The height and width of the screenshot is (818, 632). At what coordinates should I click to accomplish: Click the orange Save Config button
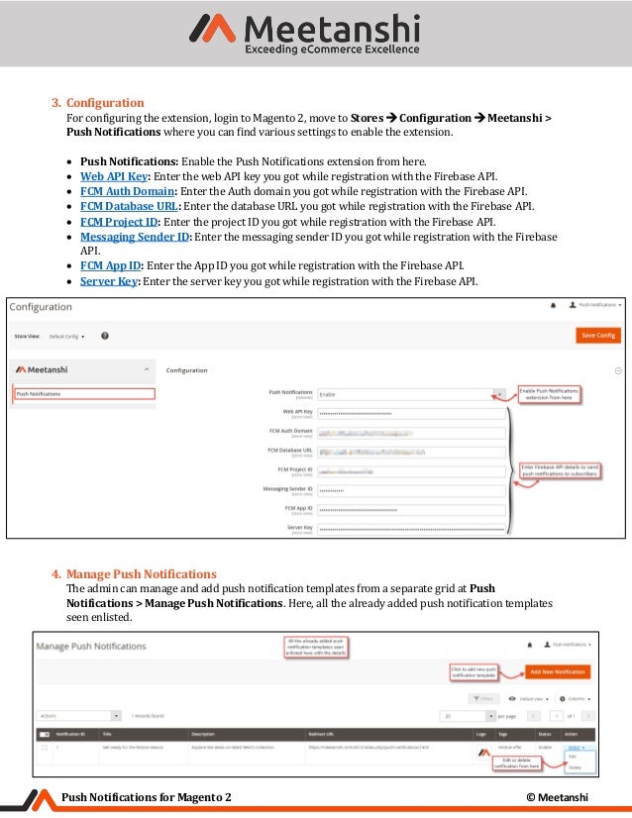click(x=597, y=335)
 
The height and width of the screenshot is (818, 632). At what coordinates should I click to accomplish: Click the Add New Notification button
click(x=558, y=671)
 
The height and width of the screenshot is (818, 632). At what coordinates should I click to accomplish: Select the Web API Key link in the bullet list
click(x=114, y=175)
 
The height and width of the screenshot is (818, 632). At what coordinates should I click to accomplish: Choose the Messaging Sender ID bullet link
click(x=134, y=237)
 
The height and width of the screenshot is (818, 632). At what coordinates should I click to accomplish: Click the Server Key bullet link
click(x=109, y=281)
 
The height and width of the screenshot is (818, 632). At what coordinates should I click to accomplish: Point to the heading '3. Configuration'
click(x=98, y=103)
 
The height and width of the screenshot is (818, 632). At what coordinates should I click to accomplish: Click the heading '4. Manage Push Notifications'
click(x=134, y=574)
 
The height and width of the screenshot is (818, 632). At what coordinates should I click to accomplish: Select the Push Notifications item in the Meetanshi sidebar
click(x=84, y=393)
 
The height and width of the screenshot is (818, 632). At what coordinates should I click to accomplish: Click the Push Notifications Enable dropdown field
click(x=410, y=393)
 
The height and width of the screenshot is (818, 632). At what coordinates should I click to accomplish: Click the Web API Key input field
click(x=410, y=413)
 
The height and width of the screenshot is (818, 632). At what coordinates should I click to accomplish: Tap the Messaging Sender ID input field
click(x=410, y=490)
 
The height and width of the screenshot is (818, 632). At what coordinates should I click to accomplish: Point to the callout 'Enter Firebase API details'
click(x=561, y=470)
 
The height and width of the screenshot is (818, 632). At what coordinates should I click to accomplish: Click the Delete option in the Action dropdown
click(x=575, y=767)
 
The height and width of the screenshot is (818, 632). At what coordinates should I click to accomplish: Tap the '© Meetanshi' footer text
click(x=558, y=798)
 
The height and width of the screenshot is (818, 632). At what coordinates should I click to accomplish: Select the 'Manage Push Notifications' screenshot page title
click(x=92, y=646)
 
